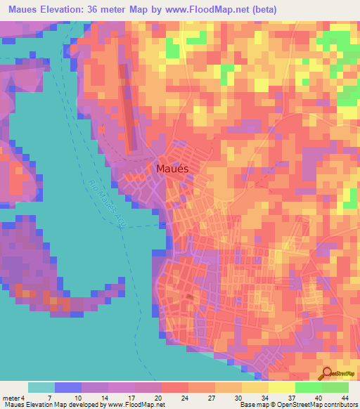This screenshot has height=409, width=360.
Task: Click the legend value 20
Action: pos(161,397)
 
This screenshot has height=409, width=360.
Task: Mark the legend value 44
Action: pos(345,397)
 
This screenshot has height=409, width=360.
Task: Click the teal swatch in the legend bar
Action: pos(41,387)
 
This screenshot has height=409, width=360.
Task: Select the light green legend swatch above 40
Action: pos(308,387)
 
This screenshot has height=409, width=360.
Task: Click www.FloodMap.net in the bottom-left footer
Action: pos(133,405)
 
